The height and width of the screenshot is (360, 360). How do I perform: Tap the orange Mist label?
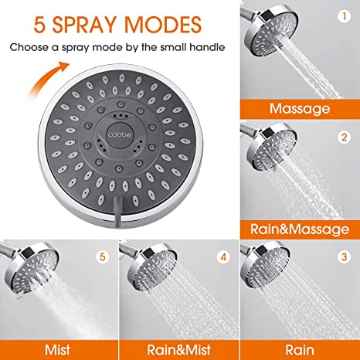coord(58,347)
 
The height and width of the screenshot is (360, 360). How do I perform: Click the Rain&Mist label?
coord(179,347)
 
